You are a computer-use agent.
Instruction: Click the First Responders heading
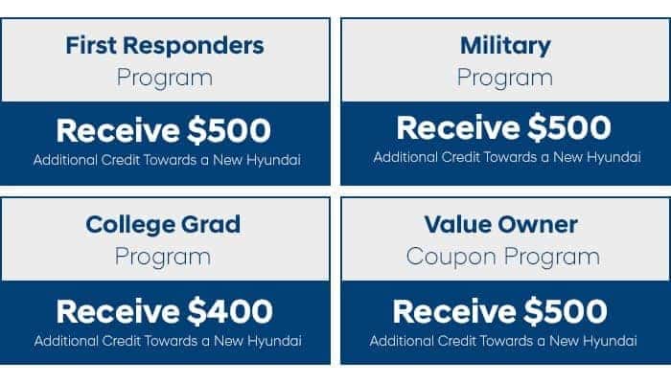pyautogui.click(x=165, y=45)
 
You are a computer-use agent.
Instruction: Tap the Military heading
pyautogui.click(x=505, y=46)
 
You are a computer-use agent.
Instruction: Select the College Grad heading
pyautogui.click(x=163, y=224)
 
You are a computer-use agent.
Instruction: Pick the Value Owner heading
pyautogui.click(x=501, y=224)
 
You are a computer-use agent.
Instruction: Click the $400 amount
pyautogui.click(x=230, y=311)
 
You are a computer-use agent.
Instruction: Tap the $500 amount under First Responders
pyautogui.click(x=229, y=130)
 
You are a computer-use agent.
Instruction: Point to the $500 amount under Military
pyautogui.click(x=569, y=127)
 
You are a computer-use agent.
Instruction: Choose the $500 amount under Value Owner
pyautogui.click(x=566, y=311)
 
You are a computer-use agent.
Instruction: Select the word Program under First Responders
pyautogui.click(x=165, y=79)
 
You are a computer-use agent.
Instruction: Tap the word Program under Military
pyautogui.click(x=505, y=79)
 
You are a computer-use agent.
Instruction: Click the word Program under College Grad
pyautogui.click(x=163, y=258)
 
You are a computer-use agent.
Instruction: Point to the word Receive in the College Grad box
pyautogui.click(x=118, y=311)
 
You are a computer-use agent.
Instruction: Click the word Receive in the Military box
pyautogui.click(x=458, y=127)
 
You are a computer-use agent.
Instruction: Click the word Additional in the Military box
pyautogui.click(x=405, y=157)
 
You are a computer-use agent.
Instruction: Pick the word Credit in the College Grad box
pyautogui.click(x=122, y=341)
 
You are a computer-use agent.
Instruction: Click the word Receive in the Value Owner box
pyautogui.click(x=454, y=311)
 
